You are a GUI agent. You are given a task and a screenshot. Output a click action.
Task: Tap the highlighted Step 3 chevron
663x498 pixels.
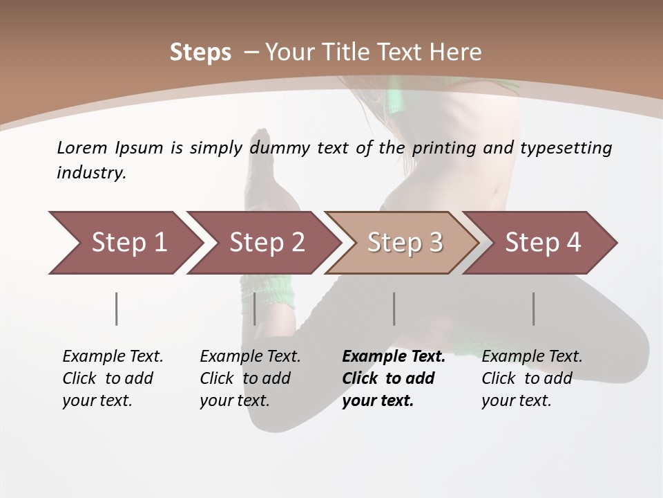(x=405, y=243)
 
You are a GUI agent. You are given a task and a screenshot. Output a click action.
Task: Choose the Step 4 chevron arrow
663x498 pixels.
(x=543, y=243)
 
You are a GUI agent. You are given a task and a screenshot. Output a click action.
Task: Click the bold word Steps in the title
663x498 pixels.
(x=200, y=53)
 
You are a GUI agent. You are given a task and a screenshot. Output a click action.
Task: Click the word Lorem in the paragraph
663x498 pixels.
(x=82, y=148)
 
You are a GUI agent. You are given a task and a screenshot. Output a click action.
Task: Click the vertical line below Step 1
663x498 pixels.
(x=117, y=308)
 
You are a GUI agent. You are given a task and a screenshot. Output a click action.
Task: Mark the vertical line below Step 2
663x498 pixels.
(x=255, y=308)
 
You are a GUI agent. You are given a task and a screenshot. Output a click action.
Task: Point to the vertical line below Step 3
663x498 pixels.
(x=394, y=308)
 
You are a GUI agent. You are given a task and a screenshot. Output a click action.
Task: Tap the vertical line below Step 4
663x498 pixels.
(x=534, y=308)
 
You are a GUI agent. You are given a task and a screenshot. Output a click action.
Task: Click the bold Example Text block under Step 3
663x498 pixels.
(x=393, y=378)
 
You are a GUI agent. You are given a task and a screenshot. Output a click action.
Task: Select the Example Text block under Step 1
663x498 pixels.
(x=113, y=378)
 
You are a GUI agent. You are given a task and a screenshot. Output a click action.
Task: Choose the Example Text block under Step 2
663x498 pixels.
(x=250, y=378)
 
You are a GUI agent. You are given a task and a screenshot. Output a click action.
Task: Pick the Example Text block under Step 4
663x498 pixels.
(x=532, y=378)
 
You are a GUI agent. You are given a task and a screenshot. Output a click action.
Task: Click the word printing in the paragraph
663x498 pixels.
(x=443, y=148)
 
